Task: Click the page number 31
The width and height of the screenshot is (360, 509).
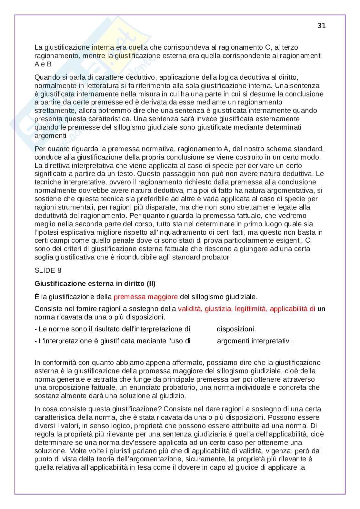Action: tap(321, 26)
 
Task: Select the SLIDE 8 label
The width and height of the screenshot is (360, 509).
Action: tap(48, 270)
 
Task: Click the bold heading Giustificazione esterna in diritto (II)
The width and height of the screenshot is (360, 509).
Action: tap(95, 284)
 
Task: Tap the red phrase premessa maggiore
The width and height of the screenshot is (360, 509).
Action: tap(145, 297)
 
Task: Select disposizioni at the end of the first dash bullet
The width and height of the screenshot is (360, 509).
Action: tap(236, 329)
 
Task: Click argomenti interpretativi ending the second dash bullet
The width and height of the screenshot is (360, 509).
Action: tap(255, 341)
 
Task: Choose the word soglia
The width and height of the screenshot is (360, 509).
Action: tap(44, 257)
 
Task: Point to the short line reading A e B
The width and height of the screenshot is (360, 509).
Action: tap(43, 64)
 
